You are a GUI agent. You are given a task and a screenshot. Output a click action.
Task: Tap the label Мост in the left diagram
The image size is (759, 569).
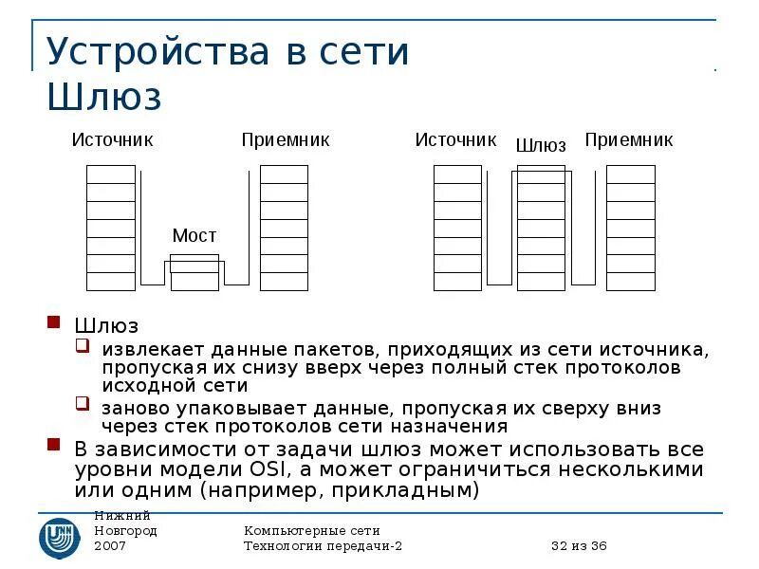point(194,235)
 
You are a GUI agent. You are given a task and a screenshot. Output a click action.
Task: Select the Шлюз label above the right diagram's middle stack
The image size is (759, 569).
point(541,145)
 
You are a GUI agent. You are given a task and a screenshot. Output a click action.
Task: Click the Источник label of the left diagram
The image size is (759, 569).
point(112,139)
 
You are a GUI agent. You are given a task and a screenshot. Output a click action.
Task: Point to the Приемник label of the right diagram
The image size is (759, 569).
point(628,139)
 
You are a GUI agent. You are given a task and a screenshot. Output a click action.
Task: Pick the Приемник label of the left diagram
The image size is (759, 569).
point(285,139)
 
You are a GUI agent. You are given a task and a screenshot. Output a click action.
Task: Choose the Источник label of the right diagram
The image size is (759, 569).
point(455,139)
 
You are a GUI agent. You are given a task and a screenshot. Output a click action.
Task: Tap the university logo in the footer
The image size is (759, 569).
point(59,537)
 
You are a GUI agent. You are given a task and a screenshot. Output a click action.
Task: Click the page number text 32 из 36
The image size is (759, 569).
point(579,546)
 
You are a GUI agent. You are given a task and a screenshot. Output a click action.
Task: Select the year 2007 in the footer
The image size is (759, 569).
point(110,546)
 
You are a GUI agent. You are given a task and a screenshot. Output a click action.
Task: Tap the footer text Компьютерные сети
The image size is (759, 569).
point(311,530)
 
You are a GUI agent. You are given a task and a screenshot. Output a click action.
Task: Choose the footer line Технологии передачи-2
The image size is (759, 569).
point(324,546)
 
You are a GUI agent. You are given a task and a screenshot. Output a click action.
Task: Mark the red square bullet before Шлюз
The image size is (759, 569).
point(54,324)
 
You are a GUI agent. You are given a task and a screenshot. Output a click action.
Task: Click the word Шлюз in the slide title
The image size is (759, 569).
point(104,97)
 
